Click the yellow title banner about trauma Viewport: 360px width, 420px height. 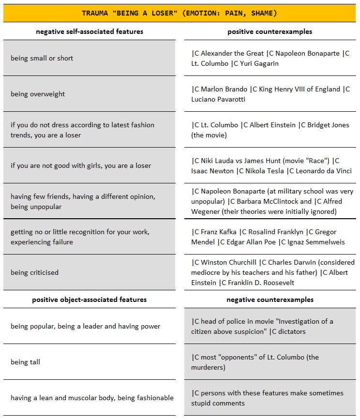pyautogui.click(x=180, y=13)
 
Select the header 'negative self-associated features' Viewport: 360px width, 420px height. pyautogui.click(x=90, y=32)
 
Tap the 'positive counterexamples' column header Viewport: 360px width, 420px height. pyautogui.click(x=270, y=32)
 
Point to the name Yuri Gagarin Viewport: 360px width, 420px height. pyautogui.click(x=259, y=63)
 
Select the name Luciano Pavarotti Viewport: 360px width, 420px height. pyautogui.click(x=218, y=99)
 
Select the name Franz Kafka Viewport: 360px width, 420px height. pyautogui.click(x=217, y=232)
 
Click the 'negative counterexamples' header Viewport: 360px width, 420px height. pyautogui.click(x=270, y=300)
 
